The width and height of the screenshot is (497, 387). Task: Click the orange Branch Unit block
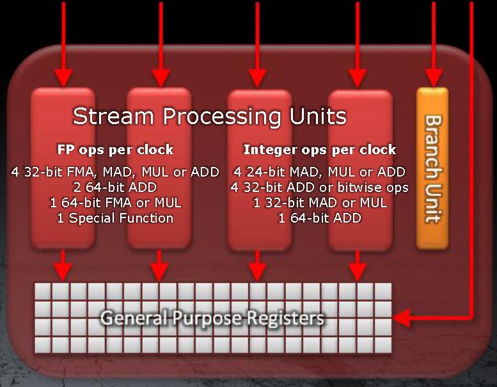point(432,168)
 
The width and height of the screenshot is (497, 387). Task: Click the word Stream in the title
point(113,116)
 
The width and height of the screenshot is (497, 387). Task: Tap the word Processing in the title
point(222,117)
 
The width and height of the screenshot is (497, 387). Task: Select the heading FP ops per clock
point(115,149)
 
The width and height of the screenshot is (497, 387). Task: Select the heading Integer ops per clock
point(320,149)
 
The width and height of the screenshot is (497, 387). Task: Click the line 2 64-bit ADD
point(115,187)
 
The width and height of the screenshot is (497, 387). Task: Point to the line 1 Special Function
point(115,218)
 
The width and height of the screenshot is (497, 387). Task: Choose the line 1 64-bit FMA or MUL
point(116,203)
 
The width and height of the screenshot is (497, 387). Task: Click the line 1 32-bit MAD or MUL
point(320,203)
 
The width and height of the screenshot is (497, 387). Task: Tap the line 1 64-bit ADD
point(320,218)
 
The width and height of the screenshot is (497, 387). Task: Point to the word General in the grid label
point(134,317)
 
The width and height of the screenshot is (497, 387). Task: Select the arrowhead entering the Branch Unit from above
point(434,78)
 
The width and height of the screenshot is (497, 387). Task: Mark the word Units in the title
point(318,116)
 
